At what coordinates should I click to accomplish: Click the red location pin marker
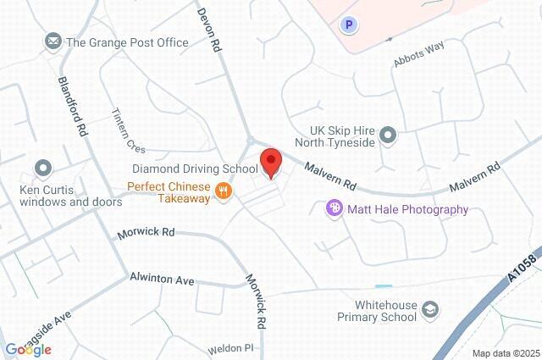pyautogui.click(x=271, y=162)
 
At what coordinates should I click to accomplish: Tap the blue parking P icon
pyautogui.click(x=346, y=25)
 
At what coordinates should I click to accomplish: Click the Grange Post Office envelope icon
pyautogui.click(x=53, y=42)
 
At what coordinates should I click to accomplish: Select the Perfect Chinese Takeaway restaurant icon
pyautogui.click(x=224, y=191)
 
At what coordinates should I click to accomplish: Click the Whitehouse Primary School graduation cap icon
pyautogui.click(x=431, y=309)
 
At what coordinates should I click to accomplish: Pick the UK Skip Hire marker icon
pyautogui.click(x=388, y=135)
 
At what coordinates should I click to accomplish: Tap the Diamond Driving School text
pyautogui.click(x=193, y=169)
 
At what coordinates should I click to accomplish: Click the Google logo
pyautogui.click(x=28, y=349)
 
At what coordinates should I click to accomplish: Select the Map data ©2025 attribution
pyautogui.click(x=505, y=353)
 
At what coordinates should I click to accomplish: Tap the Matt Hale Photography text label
pyautogui.click(x=408, y=209)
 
